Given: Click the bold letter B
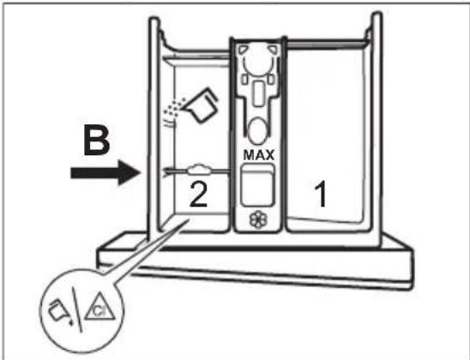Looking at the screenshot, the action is (97, 141).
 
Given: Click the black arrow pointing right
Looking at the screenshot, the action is (105, 172).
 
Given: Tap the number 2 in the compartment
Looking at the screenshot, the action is (198, 194).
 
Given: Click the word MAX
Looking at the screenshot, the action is (259, 155).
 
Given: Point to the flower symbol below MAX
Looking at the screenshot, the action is (258, 219).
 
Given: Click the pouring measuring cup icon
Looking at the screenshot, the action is (202, 105).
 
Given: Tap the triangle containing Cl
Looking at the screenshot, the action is (99, 308).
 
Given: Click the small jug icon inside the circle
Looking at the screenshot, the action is (59, 310).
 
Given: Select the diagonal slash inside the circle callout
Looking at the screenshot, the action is (76, 309).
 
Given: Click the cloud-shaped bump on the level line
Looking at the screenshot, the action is (199, 170).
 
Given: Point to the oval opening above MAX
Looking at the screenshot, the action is (257, 130).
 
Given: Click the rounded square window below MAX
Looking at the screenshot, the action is (257, 185).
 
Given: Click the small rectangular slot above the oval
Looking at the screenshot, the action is (257, 93).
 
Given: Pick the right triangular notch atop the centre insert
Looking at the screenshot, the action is (273, 50).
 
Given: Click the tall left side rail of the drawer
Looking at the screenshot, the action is (154, 126).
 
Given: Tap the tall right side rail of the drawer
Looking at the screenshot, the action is (376, 129).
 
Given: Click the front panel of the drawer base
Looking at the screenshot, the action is (256, 264).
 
